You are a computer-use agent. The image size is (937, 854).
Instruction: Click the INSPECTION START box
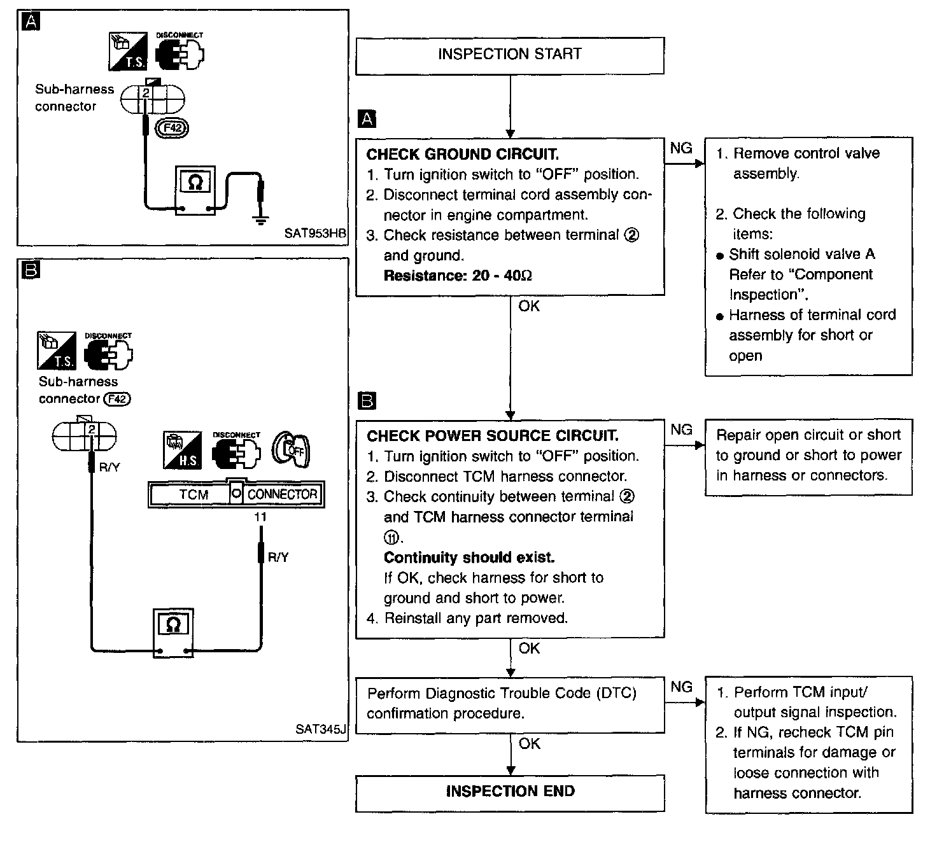(509, 55)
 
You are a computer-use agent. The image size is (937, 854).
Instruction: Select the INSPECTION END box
(509, 792)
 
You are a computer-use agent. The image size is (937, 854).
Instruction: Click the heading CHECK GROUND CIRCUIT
(463, 155)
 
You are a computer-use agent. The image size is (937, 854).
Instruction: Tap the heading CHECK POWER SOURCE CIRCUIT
(492, 436)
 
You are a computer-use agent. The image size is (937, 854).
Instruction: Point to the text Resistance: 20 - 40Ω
(458, 276)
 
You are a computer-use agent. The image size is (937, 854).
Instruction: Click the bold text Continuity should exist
(469, 557)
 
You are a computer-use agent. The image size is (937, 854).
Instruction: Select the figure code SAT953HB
(315, 233)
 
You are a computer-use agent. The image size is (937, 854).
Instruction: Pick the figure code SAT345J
(321, 729)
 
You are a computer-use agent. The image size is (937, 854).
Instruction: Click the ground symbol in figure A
(259, 220)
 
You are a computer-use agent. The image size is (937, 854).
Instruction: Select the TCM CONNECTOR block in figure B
(236, 494)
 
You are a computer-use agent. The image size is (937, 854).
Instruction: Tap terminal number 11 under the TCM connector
(260, 517)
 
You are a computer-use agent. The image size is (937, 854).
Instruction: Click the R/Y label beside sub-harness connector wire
(109, 468)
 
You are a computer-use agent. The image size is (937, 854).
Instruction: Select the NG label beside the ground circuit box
(681, 148)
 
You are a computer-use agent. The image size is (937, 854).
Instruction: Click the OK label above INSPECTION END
(529, 743)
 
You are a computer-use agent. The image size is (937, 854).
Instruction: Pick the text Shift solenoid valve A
(801, 255)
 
